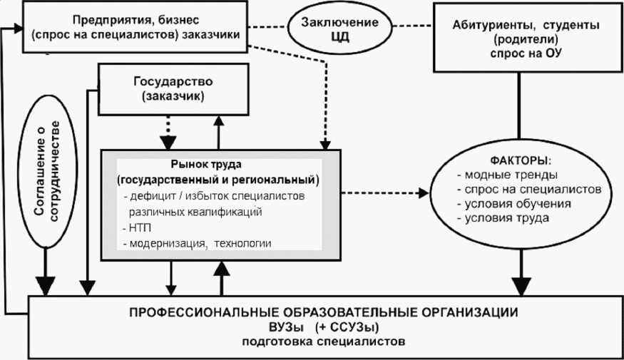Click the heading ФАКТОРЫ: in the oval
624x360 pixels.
click(521, 160)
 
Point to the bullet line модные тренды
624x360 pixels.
click(507, 175)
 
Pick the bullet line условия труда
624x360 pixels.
click(503, 218)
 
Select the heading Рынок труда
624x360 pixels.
click(206, 164)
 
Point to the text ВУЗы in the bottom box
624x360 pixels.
click(286, 327)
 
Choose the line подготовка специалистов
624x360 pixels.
click(324, 341)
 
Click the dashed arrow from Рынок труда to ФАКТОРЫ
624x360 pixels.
click(385, 193)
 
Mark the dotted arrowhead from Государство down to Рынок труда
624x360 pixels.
click(168, 142)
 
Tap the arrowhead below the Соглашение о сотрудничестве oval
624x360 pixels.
click(46, 286)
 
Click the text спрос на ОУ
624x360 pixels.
click(526, 53)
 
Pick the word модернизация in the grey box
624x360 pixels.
click(168, 244)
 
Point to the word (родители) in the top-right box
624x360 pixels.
click(526, 39)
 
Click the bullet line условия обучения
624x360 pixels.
click(514, 204)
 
